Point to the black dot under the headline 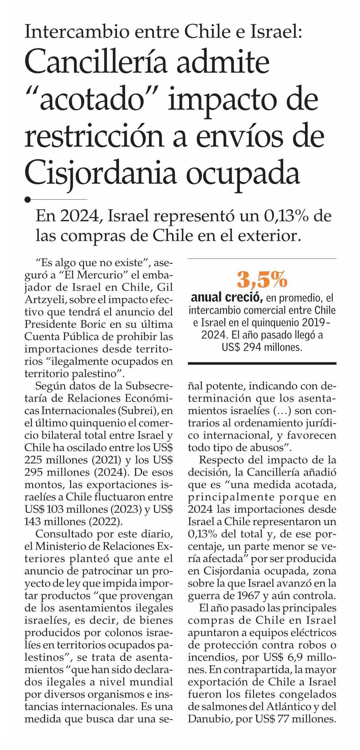click(x=28, y=200)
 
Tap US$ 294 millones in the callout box click(x=262, y=347)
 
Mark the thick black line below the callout click(x=262, y=363)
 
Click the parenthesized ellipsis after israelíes click(x=282, y=411)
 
